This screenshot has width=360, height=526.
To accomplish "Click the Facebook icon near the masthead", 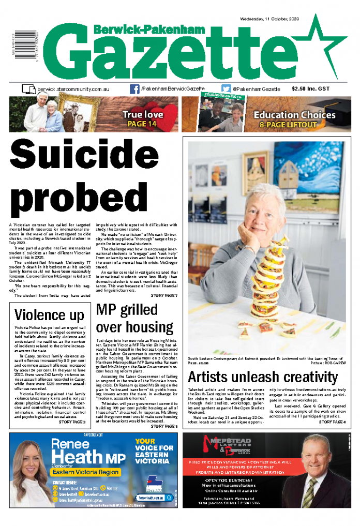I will tap(134, 89).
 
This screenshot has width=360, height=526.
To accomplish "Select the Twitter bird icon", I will tap(226, 89).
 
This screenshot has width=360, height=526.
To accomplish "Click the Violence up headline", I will tap(49, 314).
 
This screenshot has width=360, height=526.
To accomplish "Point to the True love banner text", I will tap(142, 114).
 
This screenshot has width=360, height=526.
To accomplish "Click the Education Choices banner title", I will tap(294, 115).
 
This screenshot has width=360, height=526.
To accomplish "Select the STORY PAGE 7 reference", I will tap(164, 295).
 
